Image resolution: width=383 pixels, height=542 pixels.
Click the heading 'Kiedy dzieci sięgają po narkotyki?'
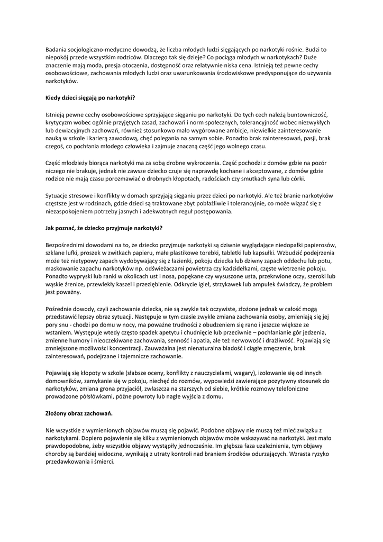pyautogui.click(x=90, y=98)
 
